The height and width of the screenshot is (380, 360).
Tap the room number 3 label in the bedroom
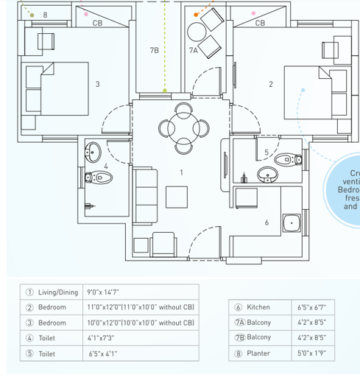point(97,84)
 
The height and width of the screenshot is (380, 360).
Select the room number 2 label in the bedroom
point(271,84)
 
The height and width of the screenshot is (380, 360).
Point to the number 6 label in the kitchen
point(267,222)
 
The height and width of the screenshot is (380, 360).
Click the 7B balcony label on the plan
point(154,50)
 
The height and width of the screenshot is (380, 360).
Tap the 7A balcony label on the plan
point(194,50)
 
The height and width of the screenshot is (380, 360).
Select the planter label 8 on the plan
point(46,14)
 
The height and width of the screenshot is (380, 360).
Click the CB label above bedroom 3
point(97,24)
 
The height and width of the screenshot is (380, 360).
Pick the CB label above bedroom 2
point(260,24)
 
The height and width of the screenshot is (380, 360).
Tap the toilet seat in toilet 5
point(285,158)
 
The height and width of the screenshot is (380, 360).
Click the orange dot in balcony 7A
point(195,14)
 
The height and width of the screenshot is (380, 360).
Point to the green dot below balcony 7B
point(164,91)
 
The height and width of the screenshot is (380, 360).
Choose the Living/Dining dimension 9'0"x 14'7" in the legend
point(107,292)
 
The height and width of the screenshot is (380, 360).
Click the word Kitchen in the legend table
point(258,307)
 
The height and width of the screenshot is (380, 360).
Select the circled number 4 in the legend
point(30,338)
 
